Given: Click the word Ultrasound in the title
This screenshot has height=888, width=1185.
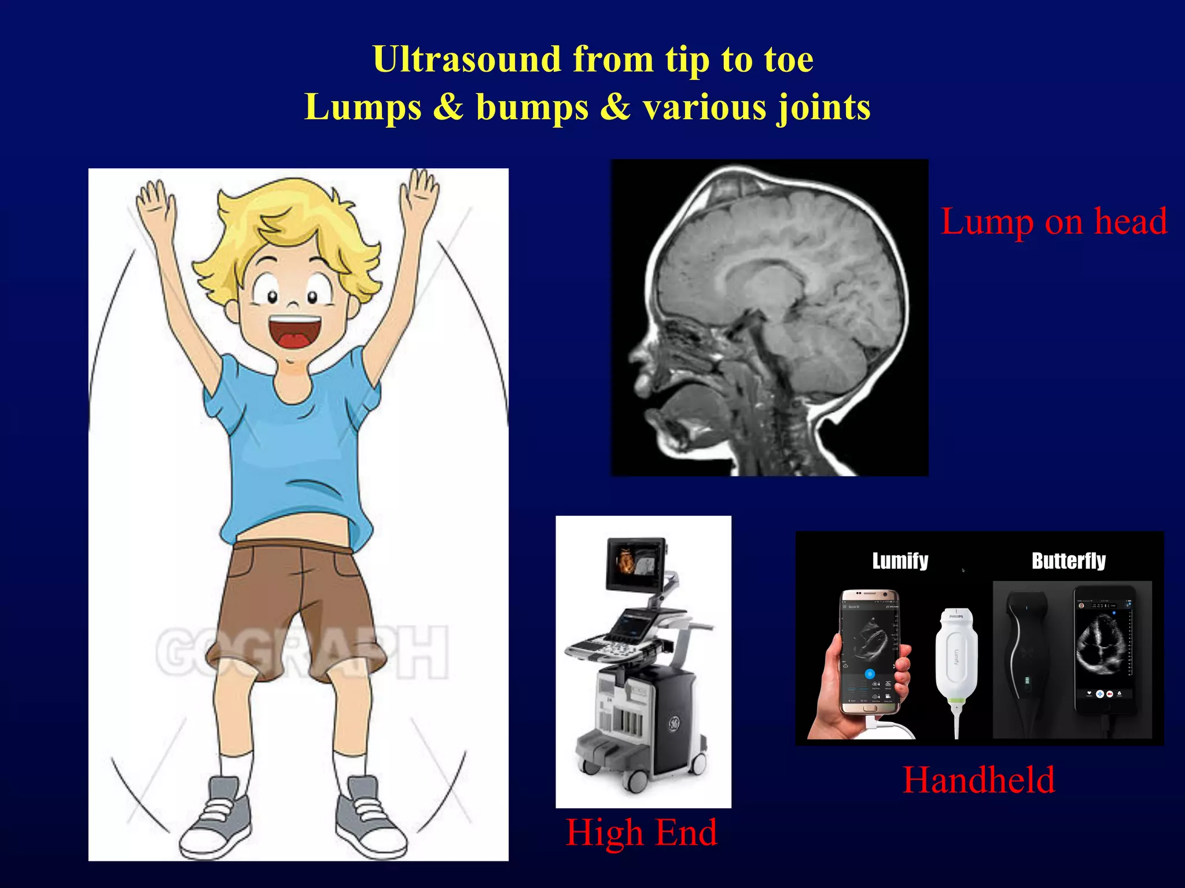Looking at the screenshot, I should coord(466,60).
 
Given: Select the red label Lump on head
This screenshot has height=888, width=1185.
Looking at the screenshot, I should coord(1054,221).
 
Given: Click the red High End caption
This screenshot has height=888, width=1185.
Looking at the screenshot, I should coord(641,832).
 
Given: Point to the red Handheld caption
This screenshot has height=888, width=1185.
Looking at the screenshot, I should coord(978,780).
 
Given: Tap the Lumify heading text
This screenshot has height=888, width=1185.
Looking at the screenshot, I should coord(900,561).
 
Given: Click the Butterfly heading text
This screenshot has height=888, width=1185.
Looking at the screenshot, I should coord(1068,561).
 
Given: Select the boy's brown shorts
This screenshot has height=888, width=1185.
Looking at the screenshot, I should coord(295,601).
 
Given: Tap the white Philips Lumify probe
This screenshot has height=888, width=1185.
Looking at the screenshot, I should coord(956,659).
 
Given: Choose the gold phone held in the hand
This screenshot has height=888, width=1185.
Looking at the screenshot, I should coord(870,650).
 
